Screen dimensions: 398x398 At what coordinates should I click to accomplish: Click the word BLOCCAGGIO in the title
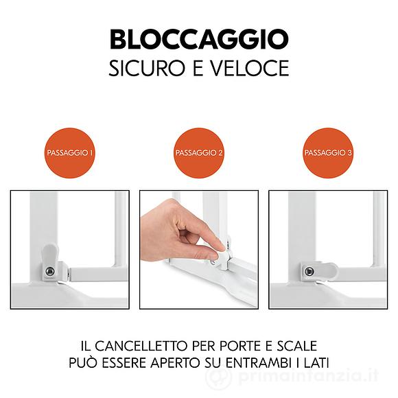199,39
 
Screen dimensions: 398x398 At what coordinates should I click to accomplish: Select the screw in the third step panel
309,272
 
